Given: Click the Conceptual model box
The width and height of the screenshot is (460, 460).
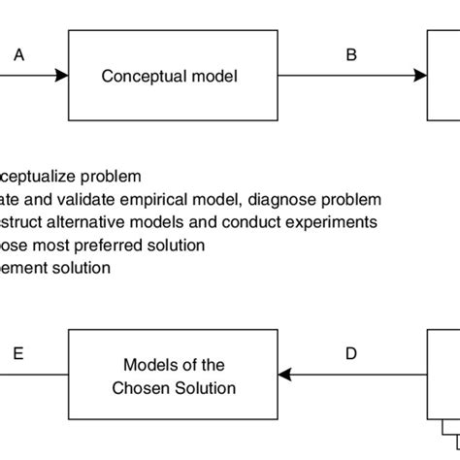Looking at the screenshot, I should point(170,76).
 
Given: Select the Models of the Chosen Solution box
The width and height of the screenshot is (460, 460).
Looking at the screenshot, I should point(174,376).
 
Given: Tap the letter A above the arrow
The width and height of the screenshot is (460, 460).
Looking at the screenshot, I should point(19,56).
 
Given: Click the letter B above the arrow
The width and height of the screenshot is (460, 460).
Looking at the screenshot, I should point(351,56).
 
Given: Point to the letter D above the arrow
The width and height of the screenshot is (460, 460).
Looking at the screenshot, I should point(352,355).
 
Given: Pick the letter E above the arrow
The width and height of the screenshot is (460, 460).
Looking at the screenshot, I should point(19,355).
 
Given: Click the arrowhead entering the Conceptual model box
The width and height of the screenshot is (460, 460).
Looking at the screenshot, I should point(62,76).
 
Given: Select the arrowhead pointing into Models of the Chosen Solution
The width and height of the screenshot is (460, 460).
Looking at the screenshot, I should point(285,376).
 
